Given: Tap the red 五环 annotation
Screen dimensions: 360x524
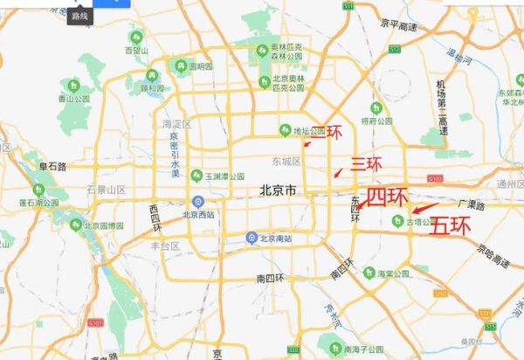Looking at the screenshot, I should click(451, 225).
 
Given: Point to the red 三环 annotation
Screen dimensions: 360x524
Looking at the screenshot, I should click(366, 163).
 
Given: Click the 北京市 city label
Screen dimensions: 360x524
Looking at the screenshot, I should click(278, 190).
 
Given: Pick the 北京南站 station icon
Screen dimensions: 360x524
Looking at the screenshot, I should click(252, 237).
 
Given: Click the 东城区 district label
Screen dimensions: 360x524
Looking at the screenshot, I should click(286, 162).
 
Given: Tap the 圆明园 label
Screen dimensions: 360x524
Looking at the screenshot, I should click(200, 66).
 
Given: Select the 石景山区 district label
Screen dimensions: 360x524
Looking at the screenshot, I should click(106, 190).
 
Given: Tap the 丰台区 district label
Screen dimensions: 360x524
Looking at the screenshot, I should click(166, 246).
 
